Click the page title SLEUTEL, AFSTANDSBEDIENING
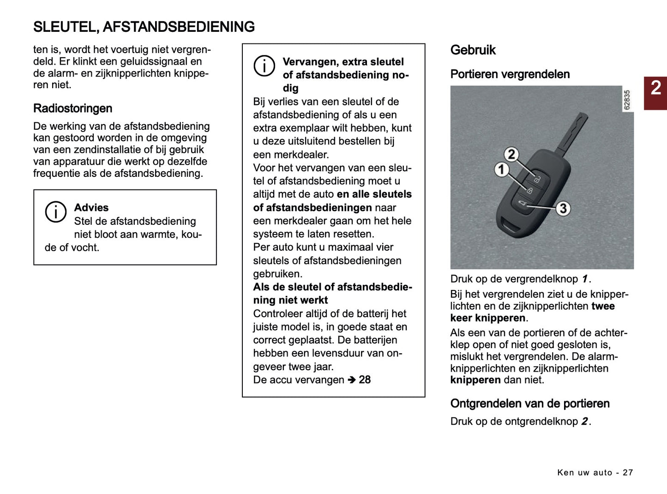pos(144,27)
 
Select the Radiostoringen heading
pos(72,108)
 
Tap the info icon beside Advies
pos(55,212)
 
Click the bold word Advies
pos(91,208)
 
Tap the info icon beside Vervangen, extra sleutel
pos(264,66)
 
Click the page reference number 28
pos(365,380)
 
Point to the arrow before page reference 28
pos(352,380)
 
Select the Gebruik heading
pos(473,50)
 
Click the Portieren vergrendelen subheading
pos(510,74)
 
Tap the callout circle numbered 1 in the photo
pos(501,169)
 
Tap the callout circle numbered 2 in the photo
pos(511,154)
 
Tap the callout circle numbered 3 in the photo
pos(562,208)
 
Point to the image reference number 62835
pos(626,100)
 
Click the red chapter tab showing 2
pos(655,93)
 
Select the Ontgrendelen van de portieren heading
pos(529,404)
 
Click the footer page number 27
pos(628,472)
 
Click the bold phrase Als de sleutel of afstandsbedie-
pos(332,287)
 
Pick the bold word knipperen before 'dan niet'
pos(475,380)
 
